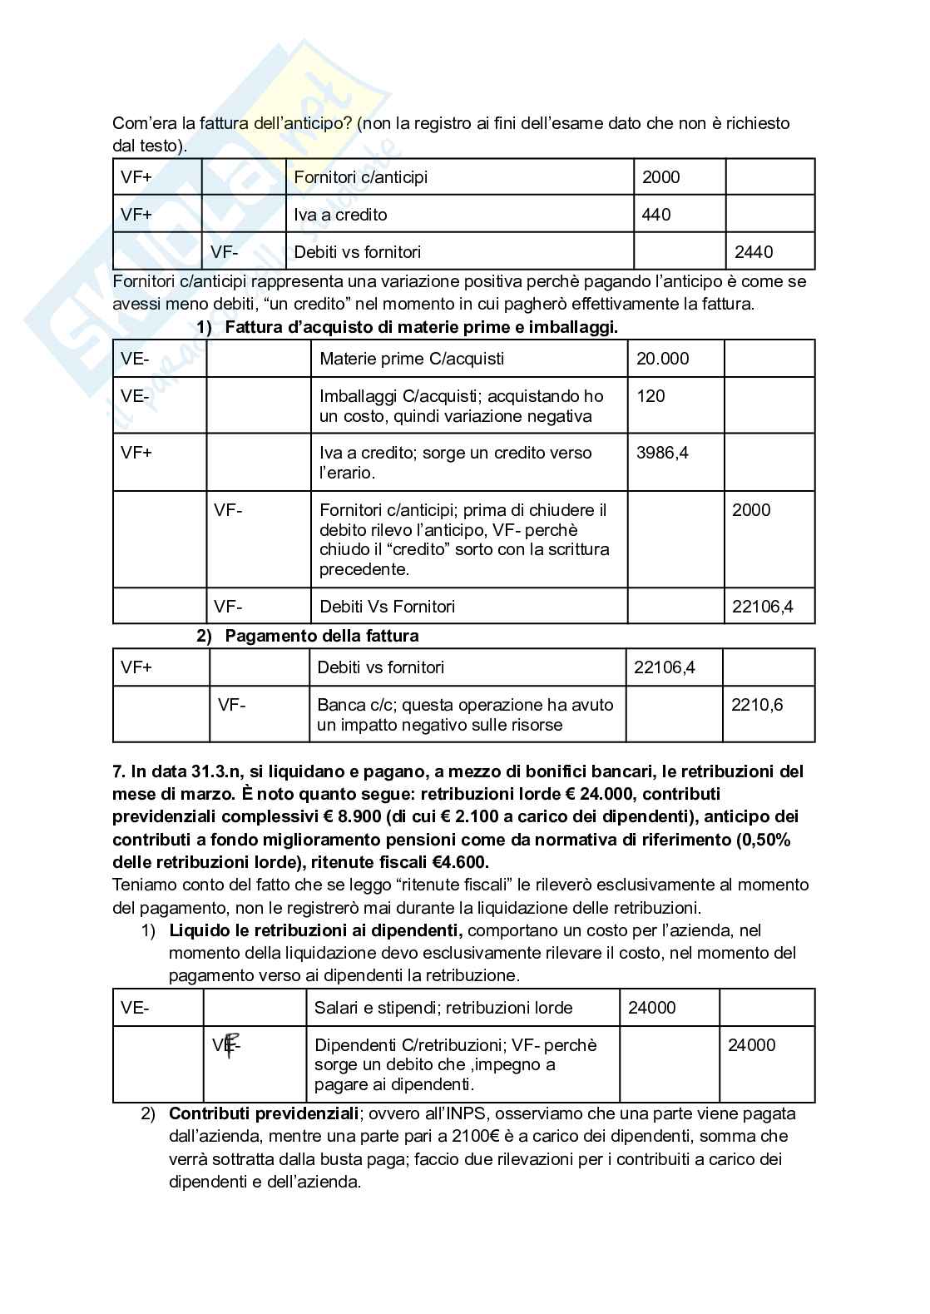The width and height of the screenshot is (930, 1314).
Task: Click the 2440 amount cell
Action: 754,251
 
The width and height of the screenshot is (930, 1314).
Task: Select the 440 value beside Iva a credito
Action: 656,215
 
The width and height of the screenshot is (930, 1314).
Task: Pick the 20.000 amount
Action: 662,359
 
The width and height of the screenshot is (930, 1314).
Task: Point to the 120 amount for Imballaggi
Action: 651,396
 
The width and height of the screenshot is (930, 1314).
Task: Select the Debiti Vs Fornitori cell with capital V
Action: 387,607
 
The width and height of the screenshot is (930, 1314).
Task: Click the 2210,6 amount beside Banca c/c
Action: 757,705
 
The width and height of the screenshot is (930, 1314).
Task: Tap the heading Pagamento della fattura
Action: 321,636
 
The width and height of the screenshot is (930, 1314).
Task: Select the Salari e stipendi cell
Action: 443,1008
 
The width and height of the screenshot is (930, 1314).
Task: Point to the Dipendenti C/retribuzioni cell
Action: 455,1045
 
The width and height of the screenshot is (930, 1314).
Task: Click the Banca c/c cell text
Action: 348,705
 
